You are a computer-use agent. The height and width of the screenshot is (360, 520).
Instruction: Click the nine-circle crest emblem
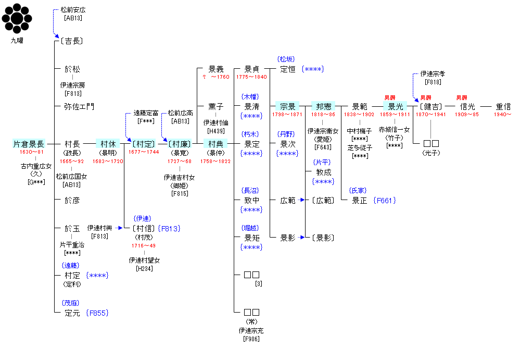(x=17, y=18)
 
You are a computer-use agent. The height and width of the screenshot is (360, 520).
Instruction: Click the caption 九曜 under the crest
(x=17, y=41)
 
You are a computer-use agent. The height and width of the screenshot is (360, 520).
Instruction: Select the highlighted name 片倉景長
(x=29, y=144)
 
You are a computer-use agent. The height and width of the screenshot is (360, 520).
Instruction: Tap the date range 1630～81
(x=32, y=152)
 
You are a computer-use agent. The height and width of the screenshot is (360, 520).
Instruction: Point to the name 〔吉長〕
(x=72, y=41)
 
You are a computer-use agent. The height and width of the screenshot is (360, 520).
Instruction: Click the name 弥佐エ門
(x=79, y=106)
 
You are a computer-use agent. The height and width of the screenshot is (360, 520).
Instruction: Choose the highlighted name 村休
(x=108, y=144)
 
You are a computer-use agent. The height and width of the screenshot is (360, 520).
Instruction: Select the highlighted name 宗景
(x=287, y=106)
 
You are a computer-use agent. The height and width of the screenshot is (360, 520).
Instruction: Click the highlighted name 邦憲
(x=323, y=106)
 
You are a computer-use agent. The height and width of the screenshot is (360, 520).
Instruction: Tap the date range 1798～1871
(x=287, y=115)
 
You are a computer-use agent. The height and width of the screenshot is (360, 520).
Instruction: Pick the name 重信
(x=503, y=106)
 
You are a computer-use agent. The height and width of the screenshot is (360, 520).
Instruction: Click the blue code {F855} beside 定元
(x=97, y=313)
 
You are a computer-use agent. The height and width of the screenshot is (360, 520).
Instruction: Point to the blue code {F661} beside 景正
(x=385, y=201)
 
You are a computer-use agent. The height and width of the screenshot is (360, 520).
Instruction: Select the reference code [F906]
(x=251, y=339)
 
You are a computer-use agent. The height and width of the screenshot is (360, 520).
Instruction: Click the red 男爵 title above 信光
(x=462, y=97)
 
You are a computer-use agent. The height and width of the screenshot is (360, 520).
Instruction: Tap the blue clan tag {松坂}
(x=286, y=59)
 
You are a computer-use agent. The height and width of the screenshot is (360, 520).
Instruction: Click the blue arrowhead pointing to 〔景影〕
(x=302, y=237)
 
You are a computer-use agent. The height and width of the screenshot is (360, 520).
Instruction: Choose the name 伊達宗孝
(x=433, y=73)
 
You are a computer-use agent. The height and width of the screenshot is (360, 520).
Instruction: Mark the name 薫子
(x=216, y=106)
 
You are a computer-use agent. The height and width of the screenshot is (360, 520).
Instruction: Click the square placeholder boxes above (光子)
(x=431, y=143)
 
